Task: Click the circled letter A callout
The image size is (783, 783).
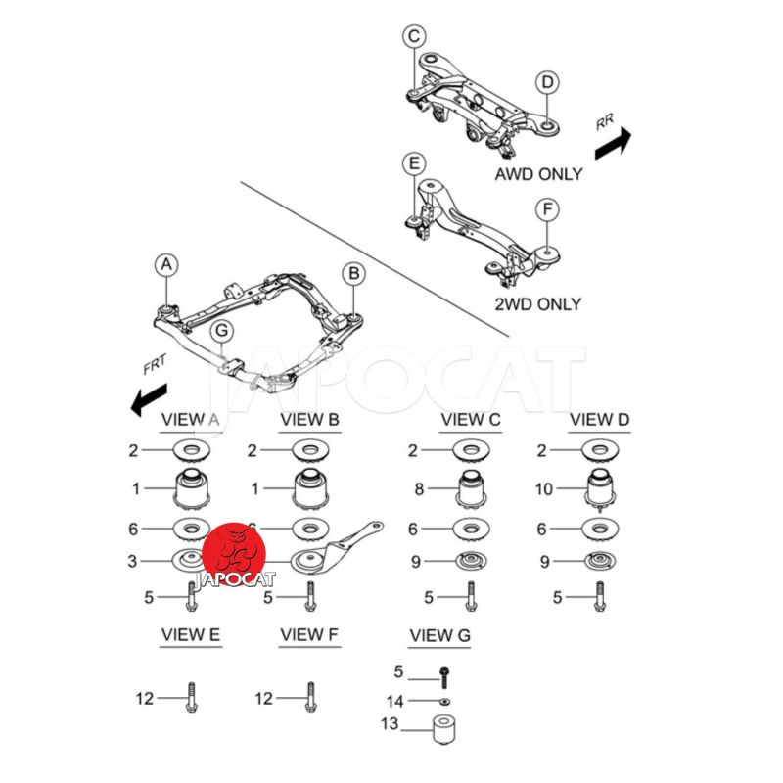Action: click(166, 264)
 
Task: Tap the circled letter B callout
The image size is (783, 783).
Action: click(353, 272)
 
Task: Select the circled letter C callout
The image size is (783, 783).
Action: click(414, 37)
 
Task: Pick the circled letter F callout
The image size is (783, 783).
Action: click(548, 209)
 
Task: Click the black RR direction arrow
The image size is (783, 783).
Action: click(613, 142)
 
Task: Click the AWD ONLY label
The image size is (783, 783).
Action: click(538, 174)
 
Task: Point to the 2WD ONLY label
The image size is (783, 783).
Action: click(536, 304)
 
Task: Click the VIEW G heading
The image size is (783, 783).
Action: click(439, 636)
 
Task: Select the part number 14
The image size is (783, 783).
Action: click(394, 701)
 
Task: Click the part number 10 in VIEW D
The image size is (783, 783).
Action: click(545, 488)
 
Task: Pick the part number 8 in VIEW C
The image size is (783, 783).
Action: click(418, 488)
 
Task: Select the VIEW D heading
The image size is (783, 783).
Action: click(600, 420)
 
